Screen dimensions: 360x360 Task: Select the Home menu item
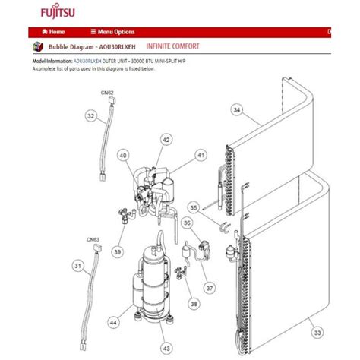(x=53, y=32)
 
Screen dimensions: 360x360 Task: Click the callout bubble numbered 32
(x=91, y=116)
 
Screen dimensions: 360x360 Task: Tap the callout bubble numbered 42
(x=166, y=140)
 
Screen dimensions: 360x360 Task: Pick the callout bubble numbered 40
(x=122, y=156)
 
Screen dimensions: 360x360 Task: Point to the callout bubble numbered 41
(x=201, y=155)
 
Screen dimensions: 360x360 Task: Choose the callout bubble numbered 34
(x=237, y=111)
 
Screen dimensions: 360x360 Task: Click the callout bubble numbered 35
(x=194, y=206)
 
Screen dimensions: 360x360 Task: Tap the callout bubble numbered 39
(x=118, y=251)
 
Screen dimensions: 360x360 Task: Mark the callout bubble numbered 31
(x=78, y=265)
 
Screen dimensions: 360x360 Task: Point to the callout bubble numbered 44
(x=113, y=323)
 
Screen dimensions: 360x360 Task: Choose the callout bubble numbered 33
(x=317, y=331)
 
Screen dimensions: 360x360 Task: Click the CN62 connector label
(x=107, y=93)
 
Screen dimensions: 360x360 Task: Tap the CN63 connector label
(x=93, y=239)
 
